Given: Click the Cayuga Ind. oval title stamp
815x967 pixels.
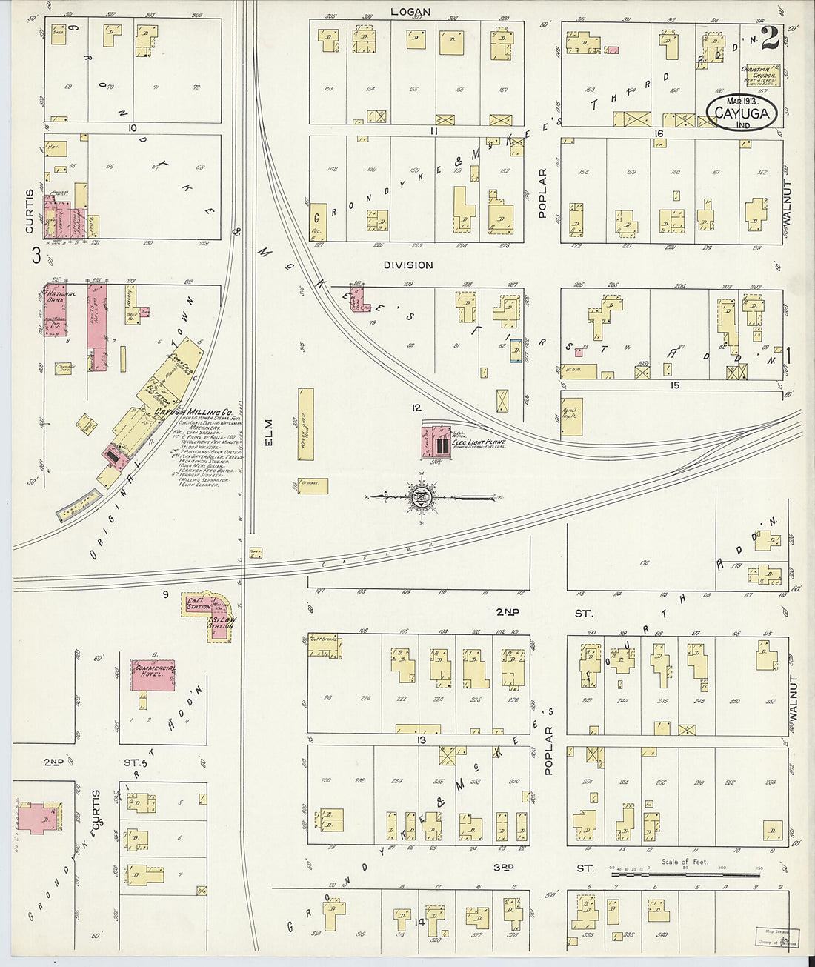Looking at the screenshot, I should coord(746,112).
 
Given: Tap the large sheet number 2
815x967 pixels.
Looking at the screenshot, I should coord(768,39).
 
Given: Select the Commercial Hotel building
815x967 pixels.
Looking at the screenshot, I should coord(153,675).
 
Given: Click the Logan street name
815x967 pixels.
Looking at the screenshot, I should coord(411,12).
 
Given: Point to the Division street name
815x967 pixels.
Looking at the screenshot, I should coord(408,265).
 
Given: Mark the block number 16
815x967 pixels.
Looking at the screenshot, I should coord(657,133).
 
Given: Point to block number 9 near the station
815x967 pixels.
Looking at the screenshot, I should coord(166,594).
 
